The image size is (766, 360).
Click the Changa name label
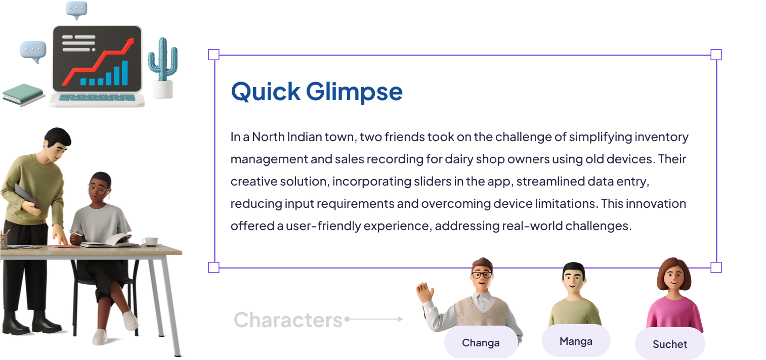pos(481,343)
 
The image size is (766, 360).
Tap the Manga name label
pos(576,341)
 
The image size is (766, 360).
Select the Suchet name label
pos(670,344)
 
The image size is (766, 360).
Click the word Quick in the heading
pos(266,92)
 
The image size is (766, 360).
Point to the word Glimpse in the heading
pos(354,92)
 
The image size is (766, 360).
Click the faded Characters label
pos(288,320)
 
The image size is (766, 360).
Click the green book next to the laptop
pos(23,95)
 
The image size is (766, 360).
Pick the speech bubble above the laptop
pos(76,10)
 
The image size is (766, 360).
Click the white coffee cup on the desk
pos(150,241)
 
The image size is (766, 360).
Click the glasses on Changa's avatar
pos(482,275)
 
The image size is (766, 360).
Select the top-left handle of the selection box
pos(214,55)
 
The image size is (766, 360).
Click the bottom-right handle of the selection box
pos(716,267)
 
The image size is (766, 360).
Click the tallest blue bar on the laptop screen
pos(125,73)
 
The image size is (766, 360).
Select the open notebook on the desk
pos(109,241)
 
